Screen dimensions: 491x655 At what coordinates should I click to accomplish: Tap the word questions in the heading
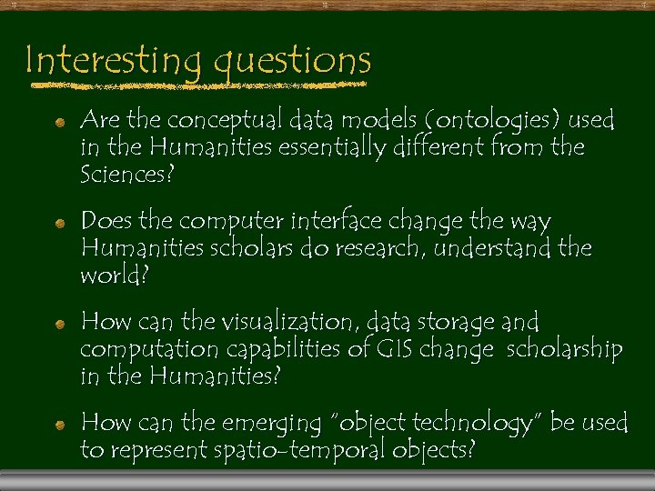pos(293,61)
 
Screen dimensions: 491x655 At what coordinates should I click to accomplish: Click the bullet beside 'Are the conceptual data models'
pos(59,122)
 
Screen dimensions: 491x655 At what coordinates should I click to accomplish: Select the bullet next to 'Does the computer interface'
pos(59,223)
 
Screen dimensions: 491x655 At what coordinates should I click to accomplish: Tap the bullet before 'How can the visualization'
pos(59,324)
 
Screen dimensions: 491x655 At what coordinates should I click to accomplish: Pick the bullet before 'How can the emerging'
pos(59,425)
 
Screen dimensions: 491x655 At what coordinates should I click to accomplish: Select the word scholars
pos(242,247)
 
